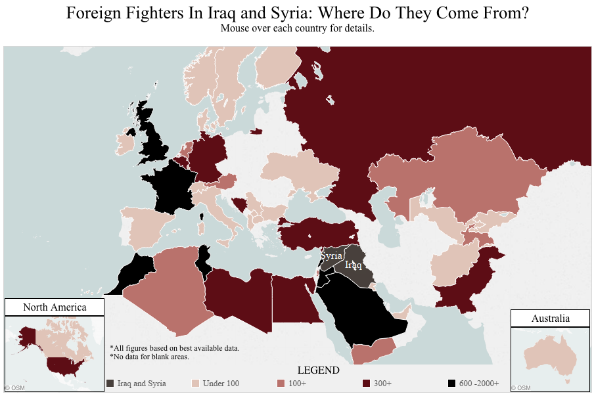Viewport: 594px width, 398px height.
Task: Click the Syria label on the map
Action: coord(332,255)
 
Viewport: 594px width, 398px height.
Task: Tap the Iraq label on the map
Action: coord(353,265)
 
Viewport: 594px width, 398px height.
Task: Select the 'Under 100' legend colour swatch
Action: coord(195,383)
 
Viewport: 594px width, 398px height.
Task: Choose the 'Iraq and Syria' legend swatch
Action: coord(110,383)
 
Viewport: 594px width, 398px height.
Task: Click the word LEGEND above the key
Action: coord(318,370)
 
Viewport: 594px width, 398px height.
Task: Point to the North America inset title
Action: coord(55,307)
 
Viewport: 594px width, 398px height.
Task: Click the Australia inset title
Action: coord(551,319)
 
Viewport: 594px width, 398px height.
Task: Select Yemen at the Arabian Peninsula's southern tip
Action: coord(371,351)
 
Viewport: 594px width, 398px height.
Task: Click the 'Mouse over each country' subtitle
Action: coord(297,28)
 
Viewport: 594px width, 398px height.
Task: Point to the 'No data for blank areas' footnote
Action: coord(150,357)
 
